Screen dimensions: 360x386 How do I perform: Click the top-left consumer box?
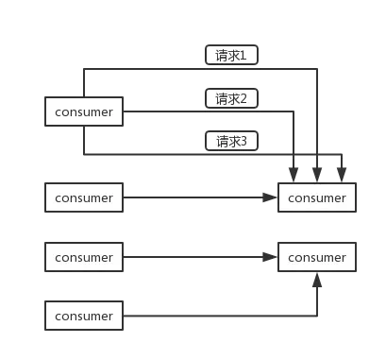coord(84,112)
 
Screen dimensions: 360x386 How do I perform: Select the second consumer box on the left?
coord(84,198)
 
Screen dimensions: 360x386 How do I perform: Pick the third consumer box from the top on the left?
coord(84,257)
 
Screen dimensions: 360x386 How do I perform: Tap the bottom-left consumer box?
coord(84,316)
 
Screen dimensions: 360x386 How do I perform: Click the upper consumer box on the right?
coord(317,198)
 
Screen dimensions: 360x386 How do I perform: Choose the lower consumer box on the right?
coord(317,257)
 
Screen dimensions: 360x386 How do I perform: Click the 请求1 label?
coord(231,56)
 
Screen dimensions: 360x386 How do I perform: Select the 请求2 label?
coord(231,98)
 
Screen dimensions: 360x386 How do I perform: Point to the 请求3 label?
coord(231,142)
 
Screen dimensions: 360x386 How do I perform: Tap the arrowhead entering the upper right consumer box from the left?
coord(271,198)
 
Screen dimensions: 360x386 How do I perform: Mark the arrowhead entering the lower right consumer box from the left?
coord(271,257)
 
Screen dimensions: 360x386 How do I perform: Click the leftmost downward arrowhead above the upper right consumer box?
coord(294,177)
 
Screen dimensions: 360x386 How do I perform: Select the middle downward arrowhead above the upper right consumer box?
coord(317,177)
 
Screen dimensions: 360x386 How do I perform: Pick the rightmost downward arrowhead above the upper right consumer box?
coord(340,177)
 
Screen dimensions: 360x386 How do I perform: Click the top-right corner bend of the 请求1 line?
coord(317,69)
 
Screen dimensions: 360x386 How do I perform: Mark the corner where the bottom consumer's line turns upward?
coord(317,316)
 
